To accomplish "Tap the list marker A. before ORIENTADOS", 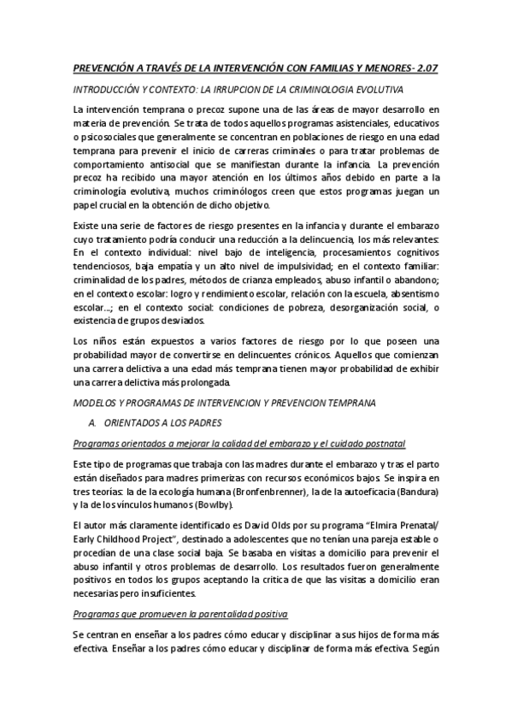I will [93, 421].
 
